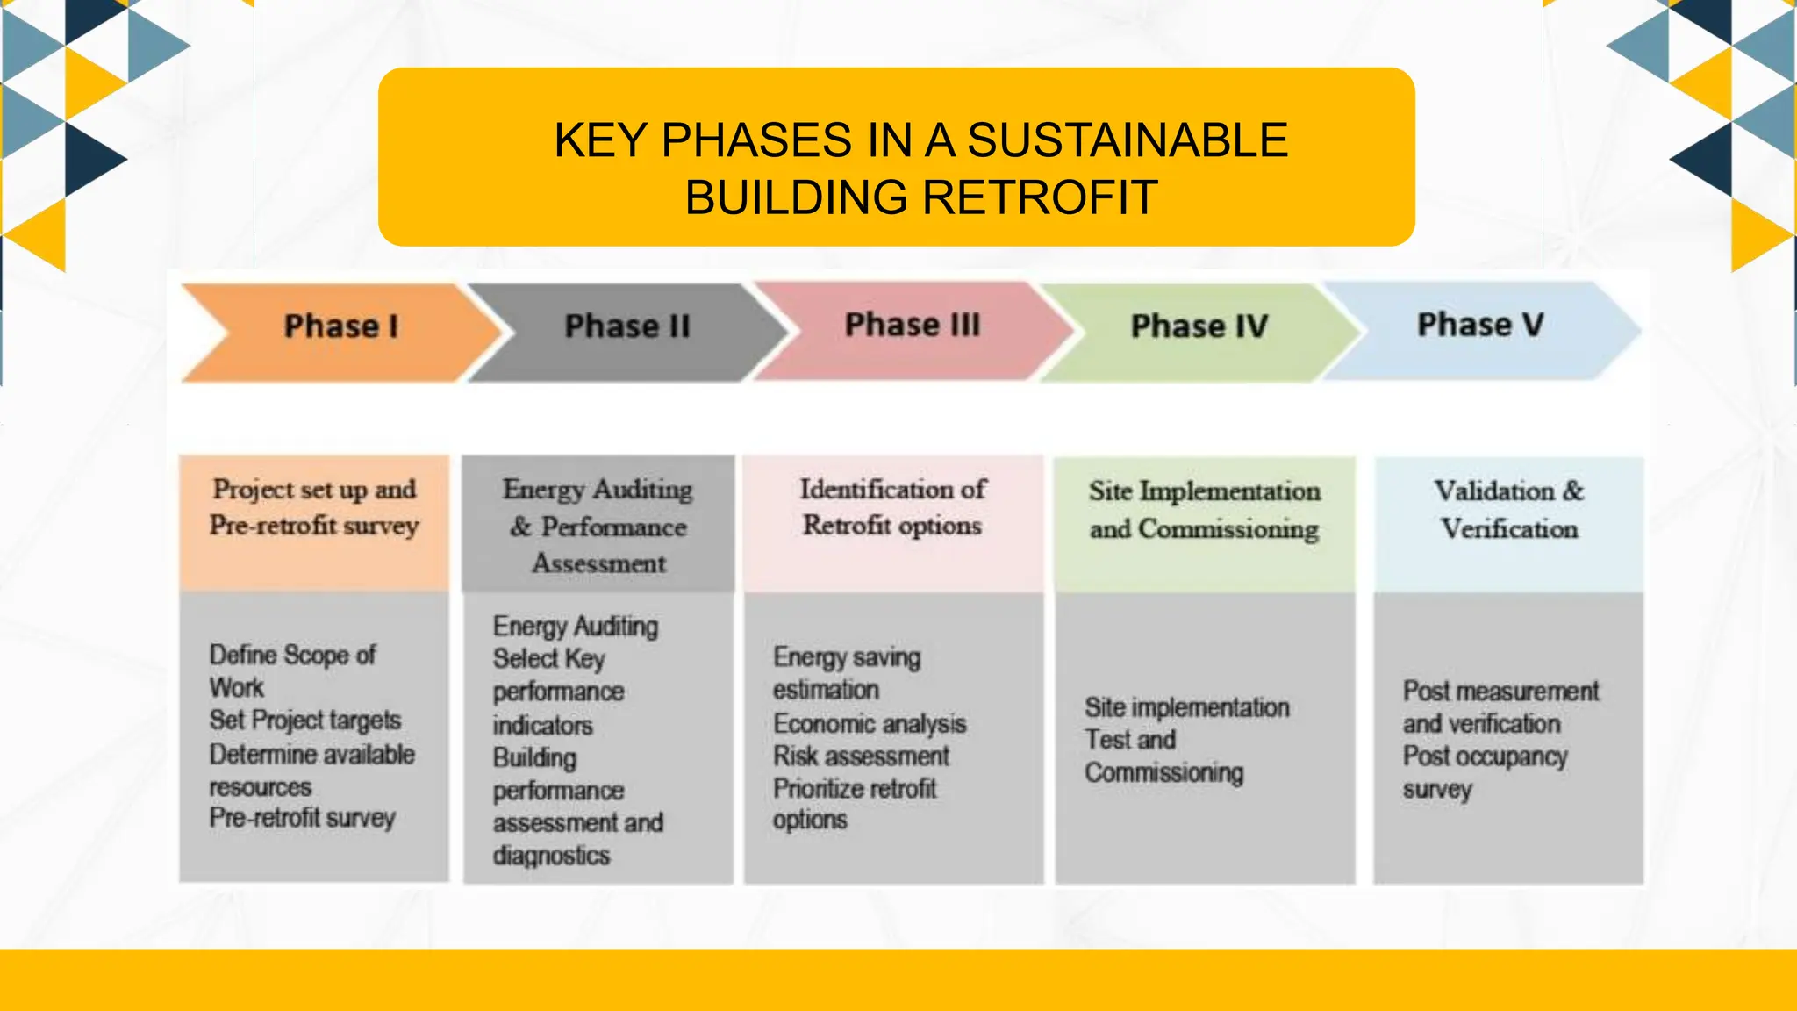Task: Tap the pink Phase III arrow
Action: (x=913, y=326)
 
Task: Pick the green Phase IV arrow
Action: (x=1199, y=327)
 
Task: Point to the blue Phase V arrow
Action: (x=1480, y=326)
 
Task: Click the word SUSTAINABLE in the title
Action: (x=1128, y=140)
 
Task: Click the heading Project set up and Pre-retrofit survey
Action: (x=314, y=507)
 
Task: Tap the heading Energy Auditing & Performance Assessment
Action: (x=598, y=526)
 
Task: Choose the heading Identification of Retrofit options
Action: (x=892, y=507)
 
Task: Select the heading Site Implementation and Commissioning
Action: (x=1204, y=510)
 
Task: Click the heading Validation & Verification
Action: (x=1509, y=510)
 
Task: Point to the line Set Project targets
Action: (x=304, y=721)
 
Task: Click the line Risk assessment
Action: (x=861, y=756)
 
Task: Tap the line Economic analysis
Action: (x=870, y=723)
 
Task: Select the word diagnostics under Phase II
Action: (x=551, y=856)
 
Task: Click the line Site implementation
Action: (x=1186, y=707)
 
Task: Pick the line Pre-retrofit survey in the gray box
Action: (x=302, y=818)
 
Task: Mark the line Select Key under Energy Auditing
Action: (x=548, y=658)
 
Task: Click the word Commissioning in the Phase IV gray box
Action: (x=1163, y=772)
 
